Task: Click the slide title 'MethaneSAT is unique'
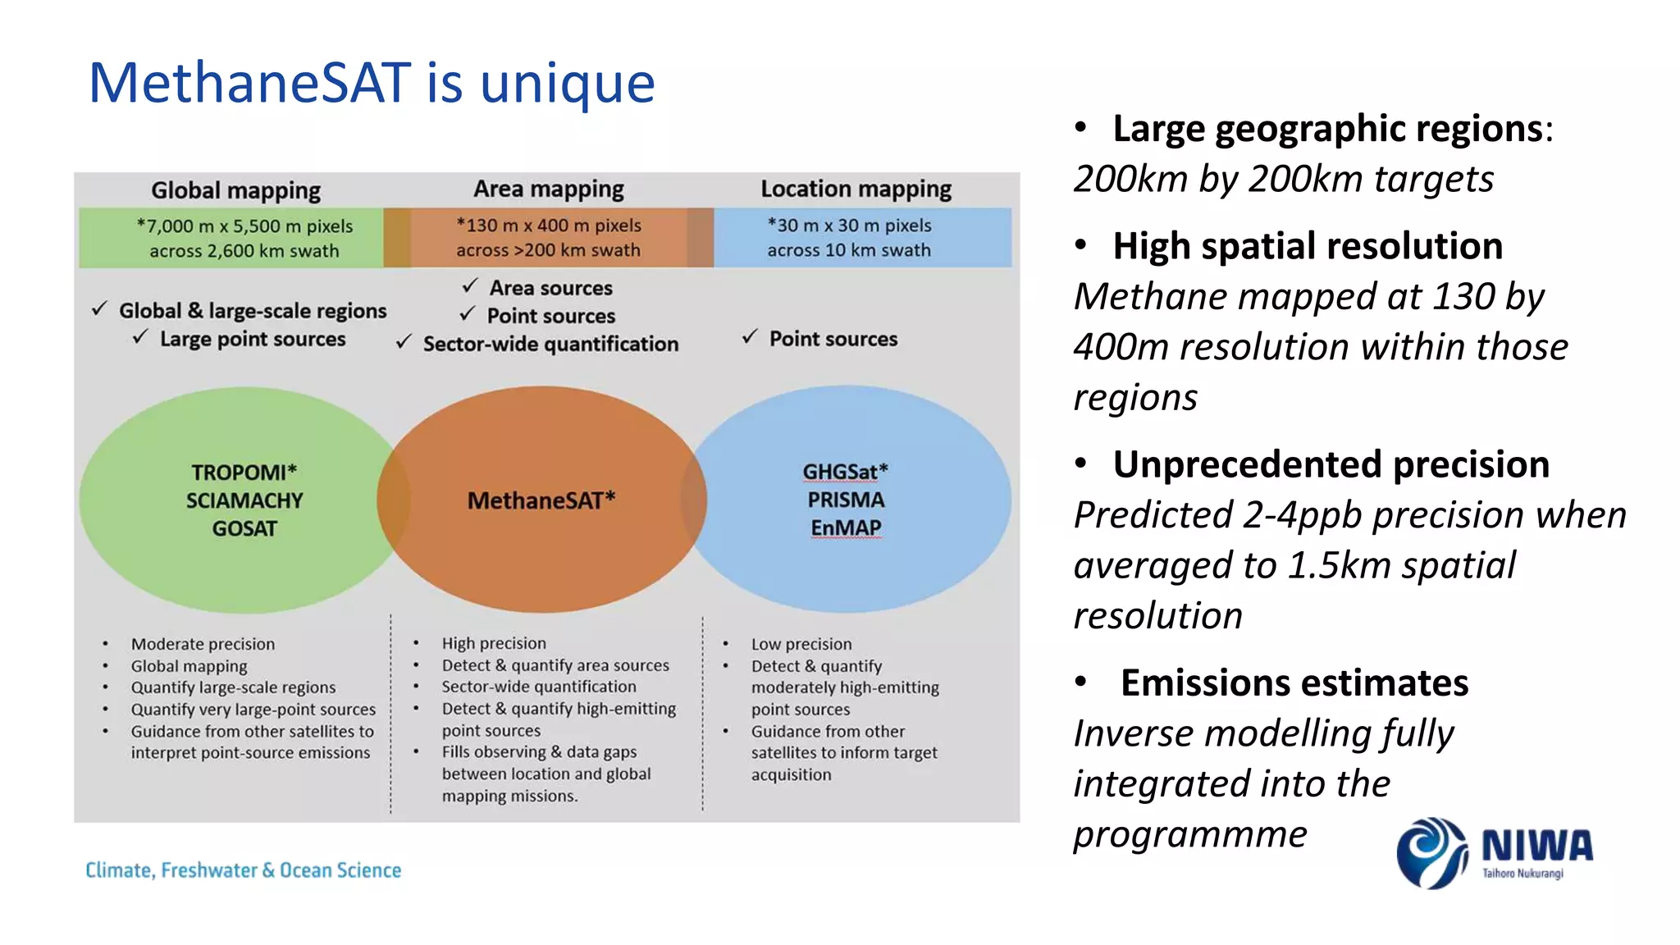(x=371, y=84)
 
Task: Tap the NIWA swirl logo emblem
(x=1431, y=853)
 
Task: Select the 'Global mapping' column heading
(x=235, y=190)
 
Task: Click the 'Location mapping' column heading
(x=856, y=189)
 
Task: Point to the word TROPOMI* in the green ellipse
(x=244, y=472)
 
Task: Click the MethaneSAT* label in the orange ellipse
(x=541, y=500)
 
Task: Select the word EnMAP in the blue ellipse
(x=846, y=528)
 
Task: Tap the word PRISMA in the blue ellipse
(x=846, y=500)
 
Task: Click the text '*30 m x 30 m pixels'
(x=849, y=226)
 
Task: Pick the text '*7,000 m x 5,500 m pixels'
(x=244, y=226)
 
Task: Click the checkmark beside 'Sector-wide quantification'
(x=404, y=343)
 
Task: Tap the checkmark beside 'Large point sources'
(x=141, y=337)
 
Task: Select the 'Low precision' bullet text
(x=801, y=644)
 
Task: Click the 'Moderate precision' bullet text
(x=203, y=644)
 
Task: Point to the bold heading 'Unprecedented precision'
(x=1331, y=465)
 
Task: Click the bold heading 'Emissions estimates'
(x=1294, y=683)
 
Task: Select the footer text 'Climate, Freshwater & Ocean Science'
(x=244, y=870)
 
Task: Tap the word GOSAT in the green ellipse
(x=244, y=529)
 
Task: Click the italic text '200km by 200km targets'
(x=1284, y=180)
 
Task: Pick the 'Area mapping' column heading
(x=548, y=189)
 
